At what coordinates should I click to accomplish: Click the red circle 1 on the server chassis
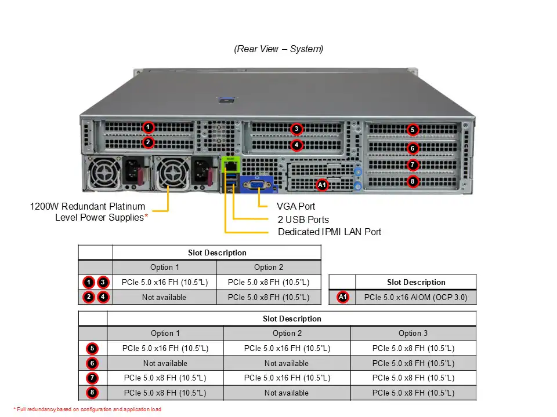coord(148,127)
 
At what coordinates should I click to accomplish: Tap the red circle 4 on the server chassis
coord(296,145)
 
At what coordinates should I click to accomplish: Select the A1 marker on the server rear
coord(322,185)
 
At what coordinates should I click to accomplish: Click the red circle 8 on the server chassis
coord(413,181)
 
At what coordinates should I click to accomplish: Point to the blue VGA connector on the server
coord(256,185)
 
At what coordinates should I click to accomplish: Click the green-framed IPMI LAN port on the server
coord(229,166)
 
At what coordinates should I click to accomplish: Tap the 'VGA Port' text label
coord(296,206)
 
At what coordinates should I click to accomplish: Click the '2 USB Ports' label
coord(303,220)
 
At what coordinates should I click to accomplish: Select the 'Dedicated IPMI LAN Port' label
coord(330,232)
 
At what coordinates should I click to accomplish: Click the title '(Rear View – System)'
coord(278,49)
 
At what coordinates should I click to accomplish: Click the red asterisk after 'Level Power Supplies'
coord(146,218)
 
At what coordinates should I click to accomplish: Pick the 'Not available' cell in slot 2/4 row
coord(164,297)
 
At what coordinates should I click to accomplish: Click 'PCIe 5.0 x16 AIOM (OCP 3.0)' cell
coord(415,298)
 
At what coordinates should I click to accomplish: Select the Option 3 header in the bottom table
coord(413,333)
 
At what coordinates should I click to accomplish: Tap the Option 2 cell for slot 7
coord(287,378)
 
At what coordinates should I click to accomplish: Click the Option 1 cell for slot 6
coord(165,363)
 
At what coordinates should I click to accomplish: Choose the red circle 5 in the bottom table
coord(93,349)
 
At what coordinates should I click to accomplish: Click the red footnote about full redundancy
coord(87,409)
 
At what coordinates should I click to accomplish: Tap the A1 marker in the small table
coord(343,297)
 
